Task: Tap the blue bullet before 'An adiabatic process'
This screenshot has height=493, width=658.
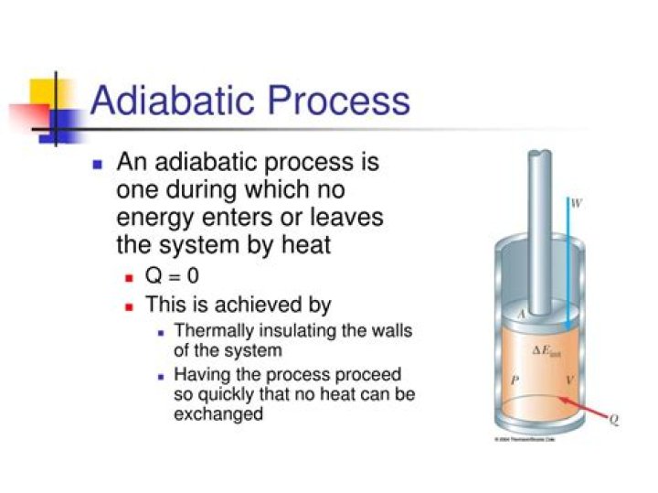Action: click(x=99, y=166)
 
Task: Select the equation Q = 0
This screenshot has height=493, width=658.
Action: click(x=173, y=276)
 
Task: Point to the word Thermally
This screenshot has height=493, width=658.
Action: click(x=211, y=331)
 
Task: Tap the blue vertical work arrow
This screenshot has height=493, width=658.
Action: click(x=568, y=265)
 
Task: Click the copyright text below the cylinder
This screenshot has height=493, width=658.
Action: click(x=525, y=441)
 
